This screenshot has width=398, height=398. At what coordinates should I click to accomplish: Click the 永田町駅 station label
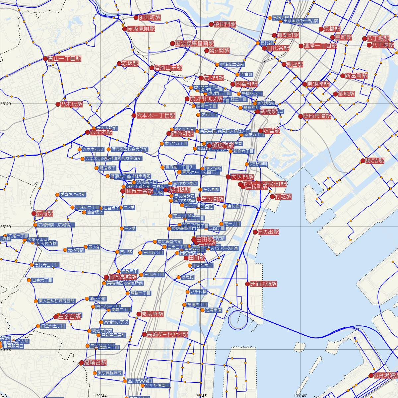click(x=149, y=18)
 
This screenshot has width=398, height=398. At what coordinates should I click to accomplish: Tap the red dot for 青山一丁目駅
click(x=45, y=59)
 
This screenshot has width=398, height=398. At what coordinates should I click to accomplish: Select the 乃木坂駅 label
click(x=71, y=104)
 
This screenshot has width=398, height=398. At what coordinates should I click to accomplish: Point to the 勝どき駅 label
click(x=375, y=161)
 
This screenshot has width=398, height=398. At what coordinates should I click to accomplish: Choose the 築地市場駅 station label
click(x=317, y=116)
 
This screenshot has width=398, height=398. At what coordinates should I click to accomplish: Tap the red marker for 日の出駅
click(x=255, y=232)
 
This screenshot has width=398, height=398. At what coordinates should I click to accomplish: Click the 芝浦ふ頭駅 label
click(x=263, y=284)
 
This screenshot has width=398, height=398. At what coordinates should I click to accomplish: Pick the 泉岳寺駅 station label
click(x=153, y=314)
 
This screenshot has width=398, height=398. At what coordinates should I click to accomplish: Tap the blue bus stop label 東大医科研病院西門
click(x=57, y=301)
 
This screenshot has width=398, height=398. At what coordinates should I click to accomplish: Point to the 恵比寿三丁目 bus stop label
click(x=47, y=265)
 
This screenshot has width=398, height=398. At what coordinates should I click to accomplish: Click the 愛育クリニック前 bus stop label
click(x=73, y=195)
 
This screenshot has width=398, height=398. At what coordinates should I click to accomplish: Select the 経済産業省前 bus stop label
click(x=232, y=65)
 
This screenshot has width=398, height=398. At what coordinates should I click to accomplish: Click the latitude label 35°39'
click(x=6, y=227)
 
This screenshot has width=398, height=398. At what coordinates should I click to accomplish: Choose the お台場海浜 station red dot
click(x=371, y=375)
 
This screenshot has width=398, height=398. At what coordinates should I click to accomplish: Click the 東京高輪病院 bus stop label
click(x=110, y=373)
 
